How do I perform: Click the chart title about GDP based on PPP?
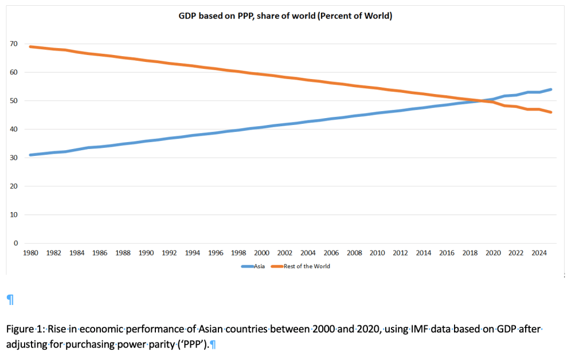pyautogui.click(x=285, y=16)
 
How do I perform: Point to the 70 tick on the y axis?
pyautogui.click(x=12, y=44)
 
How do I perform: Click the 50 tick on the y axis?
pyautogui.click(x=12, y=101)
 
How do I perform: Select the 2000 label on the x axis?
pyautogui.click(x=261, y=252)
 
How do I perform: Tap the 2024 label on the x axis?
pyautogui.click(x=539, y=252)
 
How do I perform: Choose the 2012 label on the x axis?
pyautogui.click(x=400, y=252)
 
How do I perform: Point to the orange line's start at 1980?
pyautogui.click(x=30, y=46)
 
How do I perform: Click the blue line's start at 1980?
pyautogui.click(x=30, y=155)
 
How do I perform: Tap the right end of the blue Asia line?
pyautogui.click(x=551, y=89)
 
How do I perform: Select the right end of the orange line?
pyautogui.click(x=551, y=112)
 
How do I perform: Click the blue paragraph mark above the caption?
pyautogui.click(x=9, y=299)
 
